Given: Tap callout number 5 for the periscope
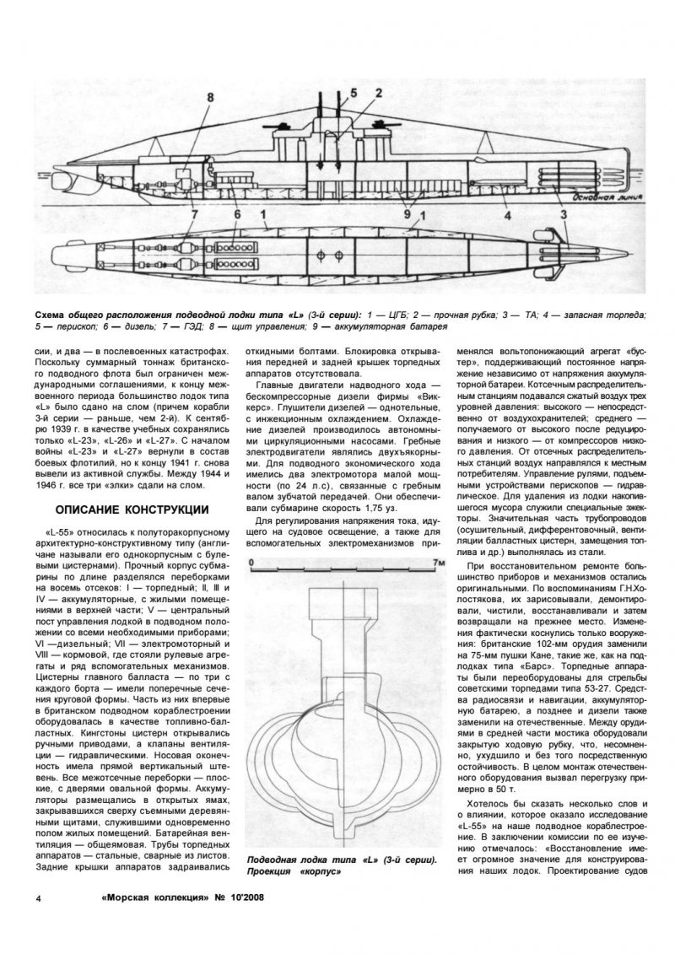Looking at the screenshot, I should pos(353,93).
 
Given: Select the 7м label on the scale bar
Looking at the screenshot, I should pos(435,560).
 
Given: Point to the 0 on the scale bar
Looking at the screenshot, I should pos(251,560).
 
